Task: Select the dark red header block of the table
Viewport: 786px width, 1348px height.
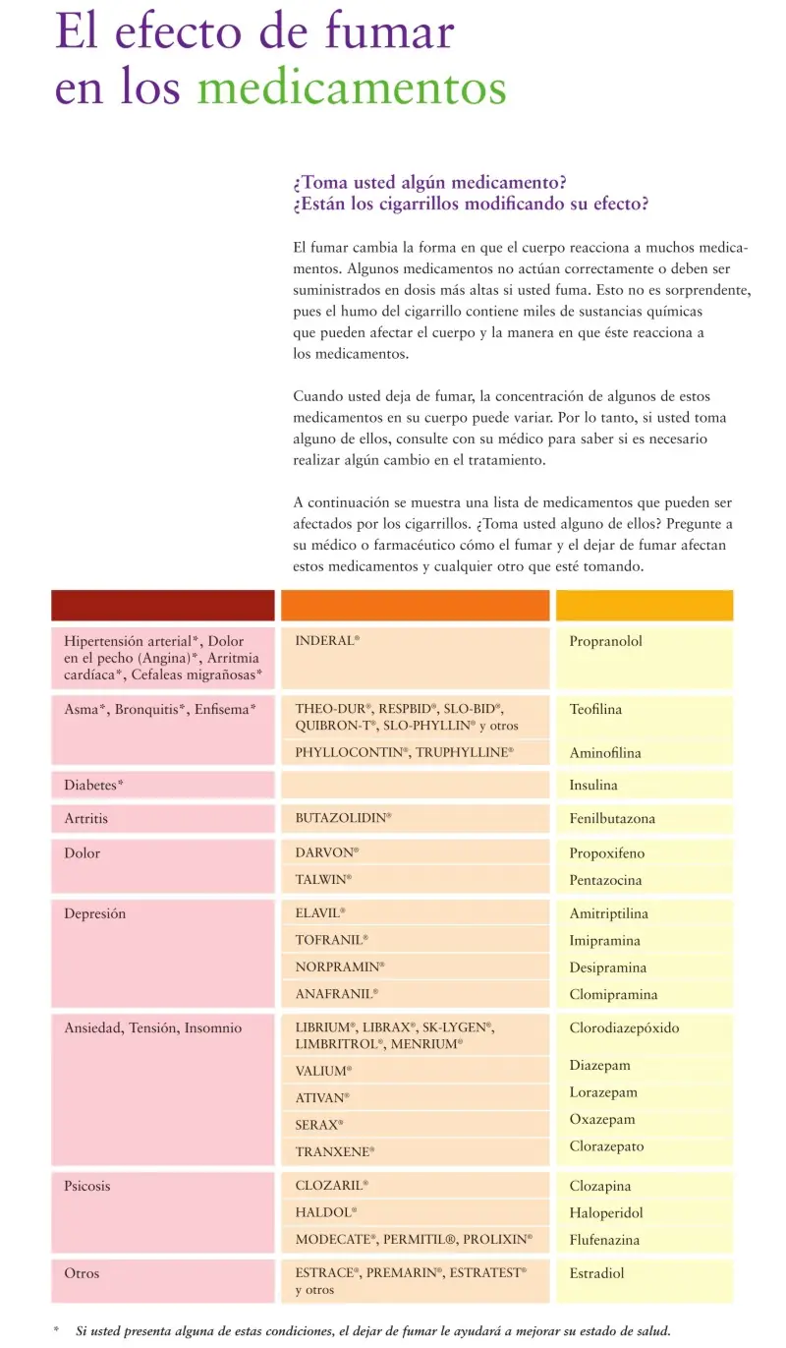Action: pos(163,605)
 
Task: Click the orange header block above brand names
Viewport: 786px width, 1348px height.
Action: pos(415,605)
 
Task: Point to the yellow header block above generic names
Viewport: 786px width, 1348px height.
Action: pos(645,605)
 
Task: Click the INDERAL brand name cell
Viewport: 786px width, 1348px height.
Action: pos(327,641)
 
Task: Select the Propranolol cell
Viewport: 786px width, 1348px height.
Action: pos(605,641)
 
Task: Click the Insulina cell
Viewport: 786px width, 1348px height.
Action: pos(593,786)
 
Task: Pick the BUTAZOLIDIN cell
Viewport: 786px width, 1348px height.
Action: pos(343,818)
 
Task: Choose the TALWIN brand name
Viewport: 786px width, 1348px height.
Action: pos(323,880)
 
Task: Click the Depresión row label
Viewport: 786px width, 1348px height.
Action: pos(95,914)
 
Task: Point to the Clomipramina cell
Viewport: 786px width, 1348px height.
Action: pos(613,995)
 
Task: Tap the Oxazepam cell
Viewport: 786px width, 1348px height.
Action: pos(602,1120)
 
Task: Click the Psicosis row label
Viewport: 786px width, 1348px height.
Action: pos(87,1187)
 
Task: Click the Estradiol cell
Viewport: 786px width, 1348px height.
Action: pos(596,1273)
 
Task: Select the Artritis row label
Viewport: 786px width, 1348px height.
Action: pos(86,818)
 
